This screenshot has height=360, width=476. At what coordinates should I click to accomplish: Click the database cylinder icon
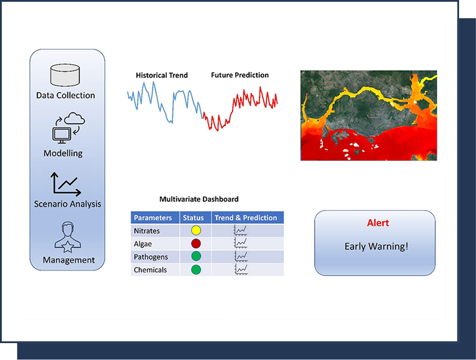coord(65,75)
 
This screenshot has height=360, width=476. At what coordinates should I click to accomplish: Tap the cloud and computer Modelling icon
coord(69,128)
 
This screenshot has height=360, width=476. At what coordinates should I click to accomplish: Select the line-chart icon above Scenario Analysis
coord(66,184)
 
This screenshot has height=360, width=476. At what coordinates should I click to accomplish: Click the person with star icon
coord(68,237)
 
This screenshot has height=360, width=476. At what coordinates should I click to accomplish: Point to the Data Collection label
coord(65,95)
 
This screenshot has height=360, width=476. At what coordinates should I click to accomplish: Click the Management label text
coord(69,260)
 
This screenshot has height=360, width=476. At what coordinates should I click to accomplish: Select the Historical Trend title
coord(162,75)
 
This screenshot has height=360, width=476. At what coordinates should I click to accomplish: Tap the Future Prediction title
coord(240,75)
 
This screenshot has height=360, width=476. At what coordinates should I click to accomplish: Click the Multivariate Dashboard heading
coord(199,199)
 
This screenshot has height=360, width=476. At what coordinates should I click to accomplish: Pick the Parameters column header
coord(153,218)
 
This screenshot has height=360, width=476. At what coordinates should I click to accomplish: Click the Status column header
coord(194,218)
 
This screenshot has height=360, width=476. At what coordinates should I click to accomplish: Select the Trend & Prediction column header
coord(246,218)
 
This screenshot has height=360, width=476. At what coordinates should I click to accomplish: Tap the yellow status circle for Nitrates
coord(196,231)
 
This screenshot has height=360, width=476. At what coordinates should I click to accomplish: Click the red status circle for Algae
coord(196,244)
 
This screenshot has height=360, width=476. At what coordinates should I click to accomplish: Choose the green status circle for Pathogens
coord(196,256)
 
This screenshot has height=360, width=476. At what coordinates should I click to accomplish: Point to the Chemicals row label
coord(150,270)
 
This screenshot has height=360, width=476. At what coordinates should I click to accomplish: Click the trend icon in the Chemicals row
coord(241,270)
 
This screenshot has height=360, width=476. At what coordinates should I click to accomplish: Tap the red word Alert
coord(378,223)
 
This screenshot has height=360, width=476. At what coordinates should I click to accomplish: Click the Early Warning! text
coord(376,246)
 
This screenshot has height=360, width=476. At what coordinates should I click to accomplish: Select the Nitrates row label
coord(147,231)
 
